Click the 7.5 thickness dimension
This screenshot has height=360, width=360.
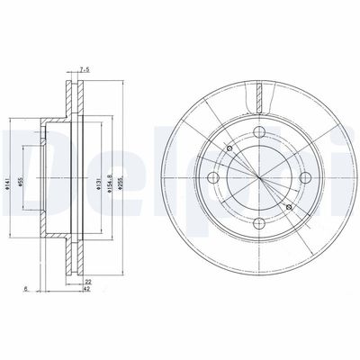(x=84, y=67)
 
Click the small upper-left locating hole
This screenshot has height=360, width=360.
(x=231, y=148)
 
